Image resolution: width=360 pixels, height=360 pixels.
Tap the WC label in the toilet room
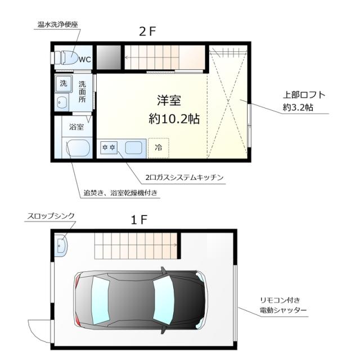pyautogui.click(x=84, y=59)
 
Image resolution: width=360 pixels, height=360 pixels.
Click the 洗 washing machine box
pyautogui.click(x=64, y=84)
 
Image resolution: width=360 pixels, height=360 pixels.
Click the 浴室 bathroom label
pyautogui.click(x=76, y=127)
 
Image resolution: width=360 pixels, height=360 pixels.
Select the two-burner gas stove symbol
pyautogui.click(x=107, y=148)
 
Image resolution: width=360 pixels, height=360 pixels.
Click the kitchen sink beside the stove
pyautogui.click(x=134, y=148)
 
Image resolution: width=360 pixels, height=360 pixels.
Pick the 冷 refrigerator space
pyautogui.click(x=158, y=148)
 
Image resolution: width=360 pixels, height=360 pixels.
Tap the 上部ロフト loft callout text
pyautogui.click(x=304, y=100)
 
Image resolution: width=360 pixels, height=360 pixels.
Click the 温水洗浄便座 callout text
pyautogui.click(x=57, y=25)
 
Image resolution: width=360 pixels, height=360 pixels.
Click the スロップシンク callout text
pyautogui.click(x=51, y=215)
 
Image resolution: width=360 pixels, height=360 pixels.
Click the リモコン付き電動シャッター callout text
pyautogui.click(x=283, y=304)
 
